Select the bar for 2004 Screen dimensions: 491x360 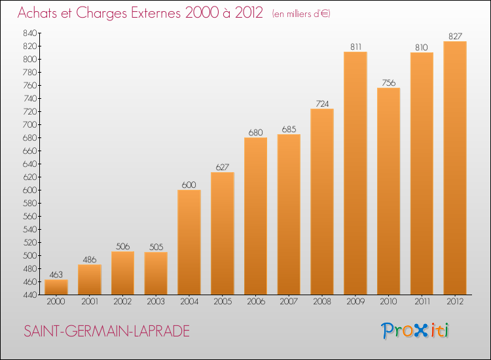pyautogui.click(x=189, y=242)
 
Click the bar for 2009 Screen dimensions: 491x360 pyautogui.click(x=355, y=173)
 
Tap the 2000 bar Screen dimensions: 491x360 pyautogui.click(x=56, y=287)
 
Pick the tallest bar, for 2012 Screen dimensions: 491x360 pyautogui.click(x=455, y=168)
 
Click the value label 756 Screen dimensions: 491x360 pyautogui.click(x=389, y=82)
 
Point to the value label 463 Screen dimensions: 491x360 pyautogui.click(x=56, y=274)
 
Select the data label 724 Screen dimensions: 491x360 pyautogui.click(x=322, y=103)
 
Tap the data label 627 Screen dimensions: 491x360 pyautogui.click(x=223, y=167)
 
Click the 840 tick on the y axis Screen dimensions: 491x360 pyautogui.click(x=29, y=33)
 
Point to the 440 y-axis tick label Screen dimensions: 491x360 pyautogui.click(x=29, y=295)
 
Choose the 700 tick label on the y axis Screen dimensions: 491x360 pyautogui.click(x=29, y=124)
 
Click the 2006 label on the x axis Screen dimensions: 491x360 pyautogui.click(x=255, y=302)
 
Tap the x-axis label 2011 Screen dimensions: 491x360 pyautogui.click(x=422, y=302)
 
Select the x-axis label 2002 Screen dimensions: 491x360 pyautogui.click(x=122, y=302)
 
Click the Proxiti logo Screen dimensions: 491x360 pyautogui.click(x=415, y=331)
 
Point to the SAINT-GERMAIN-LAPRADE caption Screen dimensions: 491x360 pyautogui.click(x=107, y=331)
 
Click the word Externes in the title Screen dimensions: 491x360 pyautogui.click(x=156, y=13)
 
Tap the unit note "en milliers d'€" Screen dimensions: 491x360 pyautogui.click(x=301, y=14)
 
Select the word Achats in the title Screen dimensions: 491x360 pyautogui.click(x=37, y=13)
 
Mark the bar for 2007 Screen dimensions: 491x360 pyautogui.click(x=289, y=215)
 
